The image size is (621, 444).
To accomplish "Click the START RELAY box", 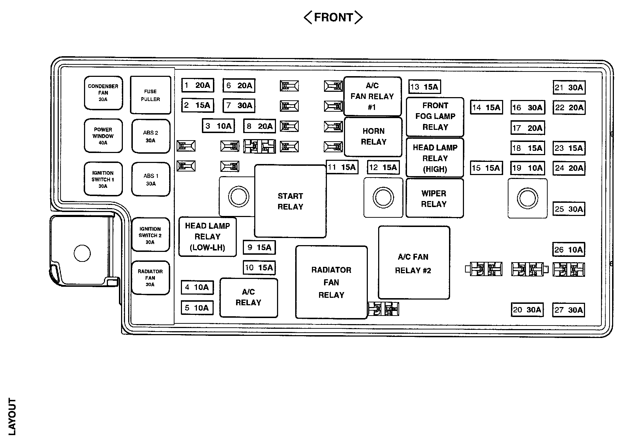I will coord(290,201).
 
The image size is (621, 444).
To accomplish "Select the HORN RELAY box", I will coord(373,137).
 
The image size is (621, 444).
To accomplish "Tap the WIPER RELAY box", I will coord(434,198).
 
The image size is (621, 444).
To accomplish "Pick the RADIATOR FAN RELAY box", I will coord(331,282).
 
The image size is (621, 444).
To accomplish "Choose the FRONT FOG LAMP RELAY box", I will coord(435,117).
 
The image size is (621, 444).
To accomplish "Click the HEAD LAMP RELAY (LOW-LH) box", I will coord(207,237).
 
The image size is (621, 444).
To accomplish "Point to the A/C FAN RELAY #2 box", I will coord(413,263).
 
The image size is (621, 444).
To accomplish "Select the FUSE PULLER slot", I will coord(150,95).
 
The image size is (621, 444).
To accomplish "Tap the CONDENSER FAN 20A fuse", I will coord(103,93).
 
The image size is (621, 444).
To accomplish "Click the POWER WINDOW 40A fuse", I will coord(103,136).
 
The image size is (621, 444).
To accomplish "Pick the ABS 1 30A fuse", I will coord(151,180).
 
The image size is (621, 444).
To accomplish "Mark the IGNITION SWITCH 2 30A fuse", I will coord(150,235).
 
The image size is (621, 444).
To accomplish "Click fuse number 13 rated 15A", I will coord(424,87).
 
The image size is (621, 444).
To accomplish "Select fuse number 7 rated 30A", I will coord(239,105).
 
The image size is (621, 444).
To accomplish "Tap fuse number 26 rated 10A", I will coord(569,250).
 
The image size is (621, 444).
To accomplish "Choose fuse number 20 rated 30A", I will coord(527,310).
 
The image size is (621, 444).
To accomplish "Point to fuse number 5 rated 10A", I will coord(197,308).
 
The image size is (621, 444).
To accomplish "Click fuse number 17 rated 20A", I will coord(527,128).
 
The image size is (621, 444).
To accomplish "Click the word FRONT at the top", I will coord(333,17).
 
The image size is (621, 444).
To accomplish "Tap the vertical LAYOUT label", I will coord(12,417).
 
